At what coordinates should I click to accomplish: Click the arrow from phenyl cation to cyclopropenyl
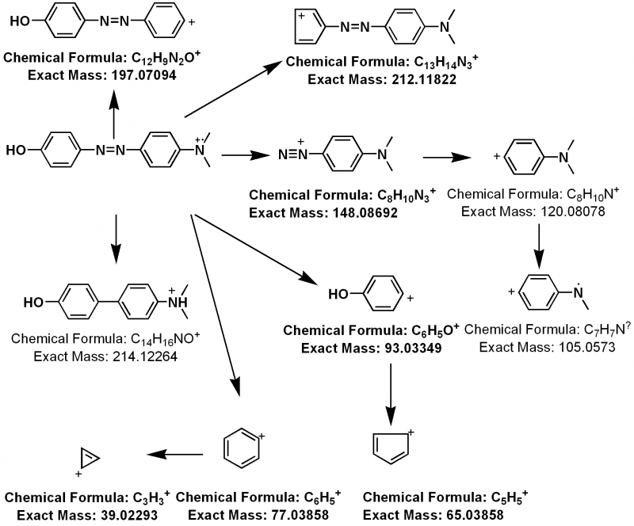click(x=173, y=455)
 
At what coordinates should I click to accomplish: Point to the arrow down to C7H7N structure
click(x=539, y=249)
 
